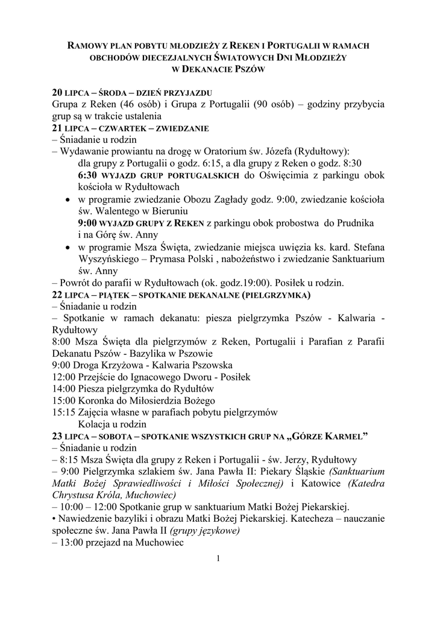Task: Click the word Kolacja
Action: [96, 424]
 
